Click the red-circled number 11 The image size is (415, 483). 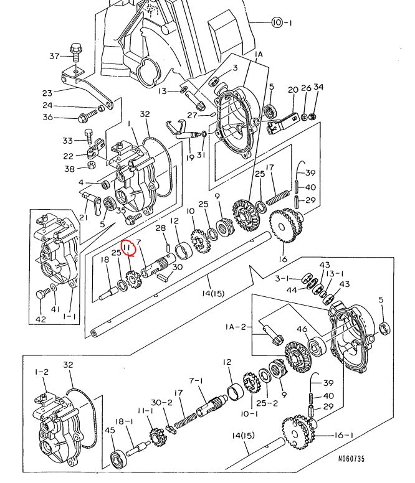point(127,247)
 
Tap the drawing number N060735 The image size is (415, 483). point(351,459)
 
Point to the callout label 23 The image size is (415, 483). point(47,93)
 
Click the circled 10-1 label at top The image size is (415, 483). point(282,22)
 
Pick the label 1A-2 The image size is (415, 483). point(236,327)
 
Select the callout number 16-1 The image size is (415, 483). point(343,435)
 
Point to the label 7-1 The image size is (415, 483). point(196,382)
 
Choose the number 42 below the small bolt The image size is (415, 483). point(41,319)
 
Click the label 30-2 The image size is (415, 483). point(161,403)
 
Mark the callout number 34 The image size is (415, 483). point(318,87)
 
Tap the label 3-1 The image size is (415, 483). point(283,278)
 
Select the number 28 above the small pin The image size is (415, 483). point(160,228)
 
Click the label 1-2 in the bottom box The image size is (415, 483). point(42,372)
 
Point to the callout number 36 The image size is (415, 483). point(47,117)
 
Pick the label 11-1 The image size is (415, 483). point(145,411)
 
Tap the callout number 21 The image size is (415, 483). point(83,217)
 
